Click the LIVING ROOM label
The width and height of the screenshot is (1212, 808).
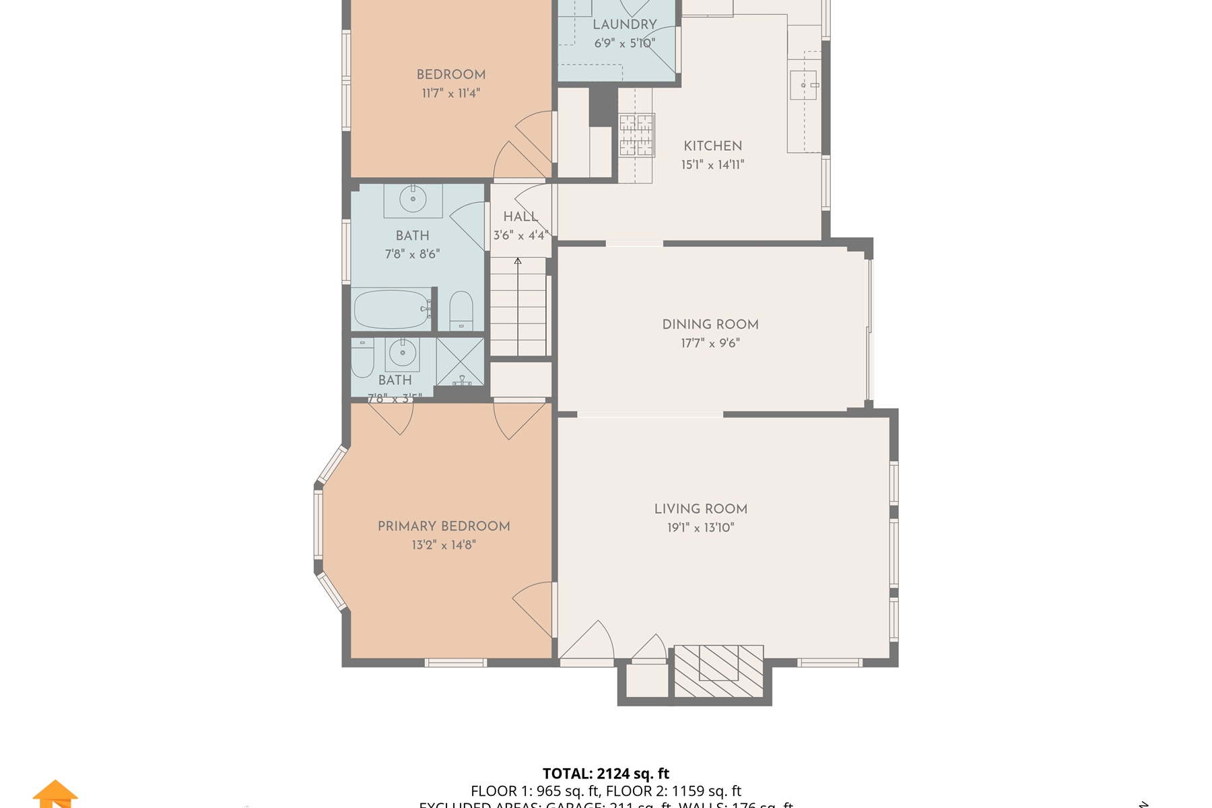700,509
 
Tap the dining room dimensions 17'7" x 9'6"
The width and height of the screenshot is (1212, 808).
710,343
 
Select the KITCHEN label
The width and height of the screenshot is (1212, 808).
712,145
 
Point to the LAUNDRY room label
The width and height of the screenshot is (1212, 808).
624,24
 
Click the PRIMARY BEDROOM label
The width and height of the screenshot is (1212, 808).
443,526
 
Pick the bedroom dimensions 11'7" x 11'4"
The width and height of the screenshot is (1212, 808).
450,93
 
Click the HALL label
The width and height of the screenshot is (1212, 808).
520,216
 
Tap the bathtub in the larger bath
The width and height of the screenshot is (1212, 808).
391,309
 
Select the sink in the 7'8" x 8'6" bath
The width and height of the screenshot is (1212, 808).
413,199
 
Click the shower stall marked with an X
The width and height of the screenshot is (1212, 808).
460,362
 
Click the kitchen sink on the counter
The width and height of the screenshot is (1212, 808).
803,86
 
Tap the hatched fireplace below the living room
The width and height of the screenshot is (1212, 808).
718,671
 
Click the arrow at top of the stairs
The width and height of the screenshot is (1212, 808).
518,261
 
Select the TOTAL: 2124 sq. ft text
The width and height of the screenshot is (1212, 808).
606,774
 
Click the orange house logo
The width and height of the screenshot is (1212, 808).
55,794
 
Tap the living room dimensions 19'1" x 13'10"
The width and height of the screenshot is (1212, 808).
700,527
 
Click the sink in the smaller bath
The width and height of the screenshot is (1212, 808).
403,353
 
